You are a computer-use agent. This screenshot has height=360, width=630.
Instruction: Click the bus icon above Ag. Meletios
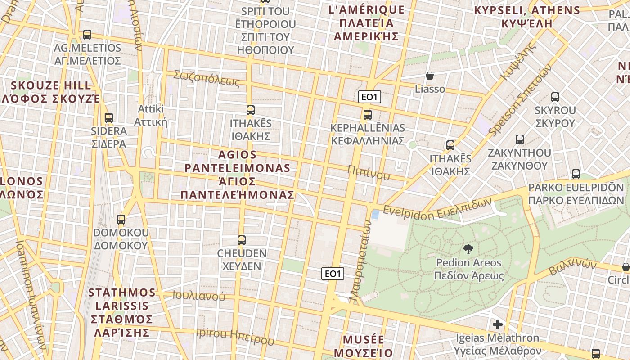tap(87, 35)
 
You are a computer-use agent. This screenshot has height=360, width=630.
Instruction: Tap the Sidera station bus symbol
tap(109, 118)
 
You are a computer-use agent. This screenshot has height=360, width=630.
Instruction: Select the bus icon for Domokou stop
tap(121, 220)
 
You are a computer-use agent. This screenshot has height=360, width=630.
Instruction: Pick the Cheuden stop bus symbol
tap(242, 240)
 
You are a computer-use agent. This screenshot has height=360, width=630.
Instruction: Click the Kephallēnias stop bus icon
tap(368, 115)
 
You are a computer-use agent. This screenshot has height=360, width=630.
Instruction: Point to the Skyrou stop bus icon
tap(555, 97)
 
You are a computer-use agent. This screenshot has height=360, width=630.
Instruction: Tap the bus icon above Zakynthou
tap(520, 139)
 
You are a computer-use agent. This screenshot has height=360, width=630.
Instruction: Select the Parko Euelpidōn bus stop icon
tap(576, 174)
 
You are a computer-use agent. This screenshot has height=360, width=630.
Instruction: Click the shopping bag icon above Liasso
tap(430, 76)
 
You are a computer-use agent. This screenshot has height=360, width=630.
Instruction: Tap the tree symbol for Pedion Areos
tap(468, 249)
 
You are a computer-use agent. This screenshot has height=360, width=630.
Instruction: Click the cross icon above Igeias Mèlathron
tap(498, 324)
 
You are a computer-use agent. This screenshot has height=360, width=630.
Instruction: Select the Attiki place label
tap(151, 116)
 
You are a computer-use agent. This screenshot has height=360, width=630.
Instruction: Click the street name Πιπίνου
tap(369, 172)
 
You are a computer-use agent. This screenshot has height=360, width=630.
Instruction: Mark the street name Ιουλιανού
tap(198, 296)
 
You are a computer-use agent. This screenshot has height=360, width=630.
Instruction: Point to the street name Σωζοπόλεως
tap(207, 78)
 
